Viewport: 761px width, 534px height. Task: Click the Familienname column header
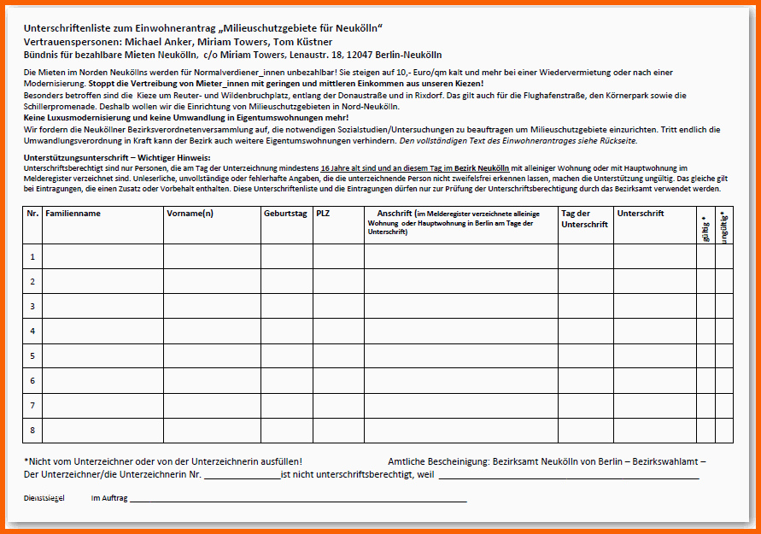pos(73,213)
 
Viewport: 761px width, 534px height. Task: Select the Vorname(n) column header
pos(190,213)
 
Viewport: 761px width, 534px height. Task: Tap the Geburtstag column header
pos(285,213)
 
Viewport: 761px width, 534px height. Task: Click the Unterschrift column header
pos(641,213)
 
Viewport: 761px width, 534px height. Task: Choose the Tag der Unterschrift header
pos(584,219)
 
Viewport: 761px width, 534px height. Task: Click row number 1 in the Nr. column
pos(32,256)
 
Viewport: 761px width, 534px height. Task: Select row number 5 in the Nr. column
pos(32,355)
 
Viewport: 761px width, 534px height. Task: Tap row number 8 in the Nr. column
pos(32,430)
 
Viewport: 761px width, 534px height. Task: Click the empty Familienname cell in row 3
pos(102,305)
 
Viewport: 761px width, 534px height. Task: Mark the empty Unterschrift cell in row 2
pos(654,280)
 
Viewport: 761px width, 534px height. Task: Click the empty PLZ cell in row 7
pos(337,405)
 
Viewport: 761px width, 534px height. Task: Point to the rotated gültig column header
pos(705,227)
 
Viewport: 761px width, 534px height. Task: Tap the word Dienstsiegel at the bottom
pos(44,496)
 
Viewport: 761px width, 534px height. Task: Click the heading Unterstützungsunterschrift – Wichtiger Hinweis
pos(117,158)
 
